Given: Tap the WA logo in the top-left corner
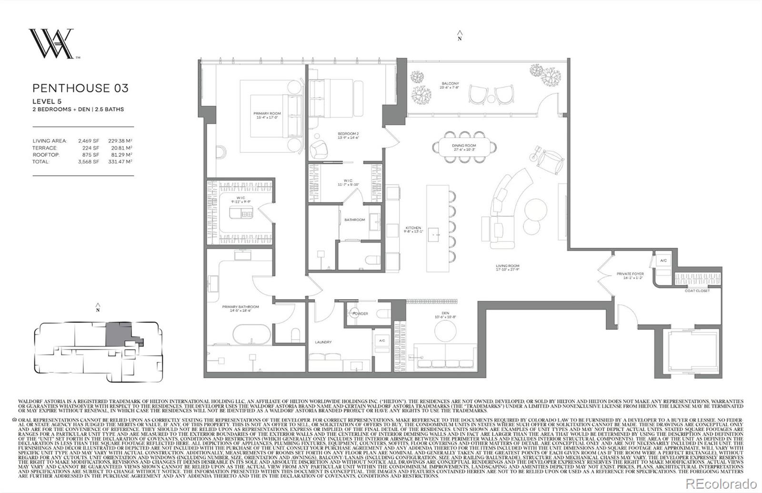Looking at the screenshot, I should pos(51,44).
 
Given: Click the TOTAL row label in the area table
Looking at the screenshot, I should pos(40,161).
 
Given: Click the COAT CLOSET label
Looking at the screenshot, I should pos(697,291).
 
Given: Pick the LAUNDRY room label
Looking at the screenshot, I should pos(323,342).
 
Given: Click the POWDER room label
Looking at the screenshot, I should pos(360,314).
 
